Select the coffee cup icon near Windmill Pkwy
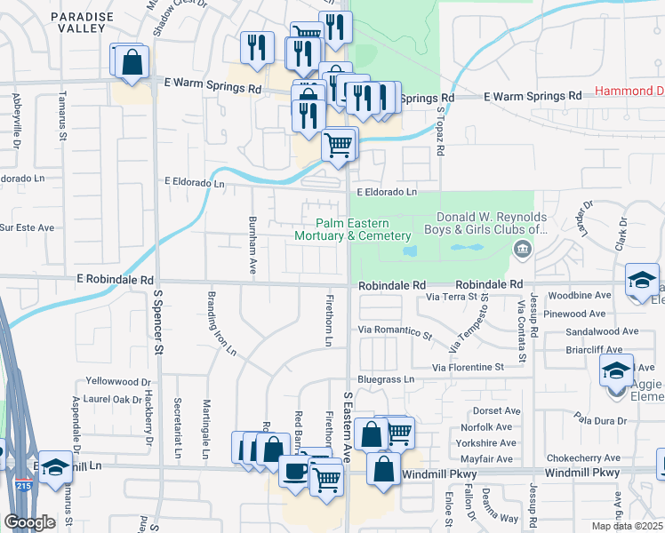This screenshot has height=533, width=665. pos(294,472)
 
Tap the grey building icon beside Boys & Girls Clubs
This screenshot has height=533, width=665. pos(521,252)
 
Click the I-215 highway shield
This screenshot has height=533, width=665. pos(24,486)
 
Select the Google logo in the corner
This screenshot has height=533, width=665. pos(29,522)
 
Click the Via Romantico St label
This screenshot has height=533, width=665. pos(395,332)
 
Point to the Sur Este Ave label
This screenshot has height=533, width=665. pos(27,228)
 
